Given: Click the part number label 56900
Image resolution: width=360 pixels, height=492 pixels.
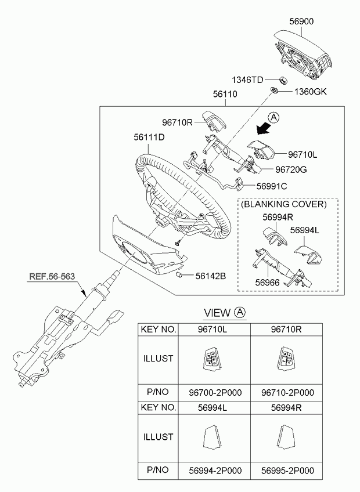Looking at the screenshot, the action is [301, 21].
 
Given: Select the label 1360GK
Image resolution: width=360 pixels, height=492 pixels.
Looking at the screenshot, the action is [311, 91].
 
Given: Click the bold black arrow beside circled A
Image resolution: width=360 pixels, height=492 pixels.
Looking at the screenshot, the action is [263, 128].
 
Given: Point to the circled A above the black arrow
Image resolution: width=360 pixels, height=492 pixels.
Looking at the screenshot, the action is [274, 117].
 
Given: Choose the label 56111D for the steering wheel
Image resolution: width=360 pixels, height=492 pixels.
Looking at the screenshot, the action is [149, 137].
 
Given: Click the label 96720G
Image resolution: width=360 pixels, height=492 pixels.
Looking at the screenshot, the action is [291, 169].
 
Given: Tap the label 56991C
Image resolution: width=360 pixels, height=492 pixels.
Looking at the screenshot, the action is [272, 186].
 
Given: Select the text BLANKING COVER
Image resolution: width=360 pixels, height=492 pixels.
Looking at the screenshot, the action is [284, 204].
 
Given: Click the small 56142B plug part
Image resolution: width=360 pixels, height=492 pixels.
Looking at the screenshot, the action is [179, 275].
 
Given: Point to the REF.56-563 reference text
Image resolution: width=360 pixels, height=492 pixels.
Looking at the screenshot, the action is [52, 276].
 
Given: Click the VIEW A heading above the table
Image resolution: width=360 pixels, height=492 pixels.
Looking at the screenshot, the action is [225, 313].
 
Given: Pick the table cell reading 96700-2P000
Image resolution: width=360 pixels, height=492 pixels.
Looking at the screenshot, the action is [215, 392].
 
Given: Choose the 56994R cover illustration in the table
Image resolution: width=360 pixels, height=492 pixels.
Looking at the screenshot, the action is [286, 437].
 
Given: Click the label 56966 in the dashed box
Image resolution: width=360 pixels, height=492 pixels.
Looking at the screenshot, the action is [267, 283].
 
